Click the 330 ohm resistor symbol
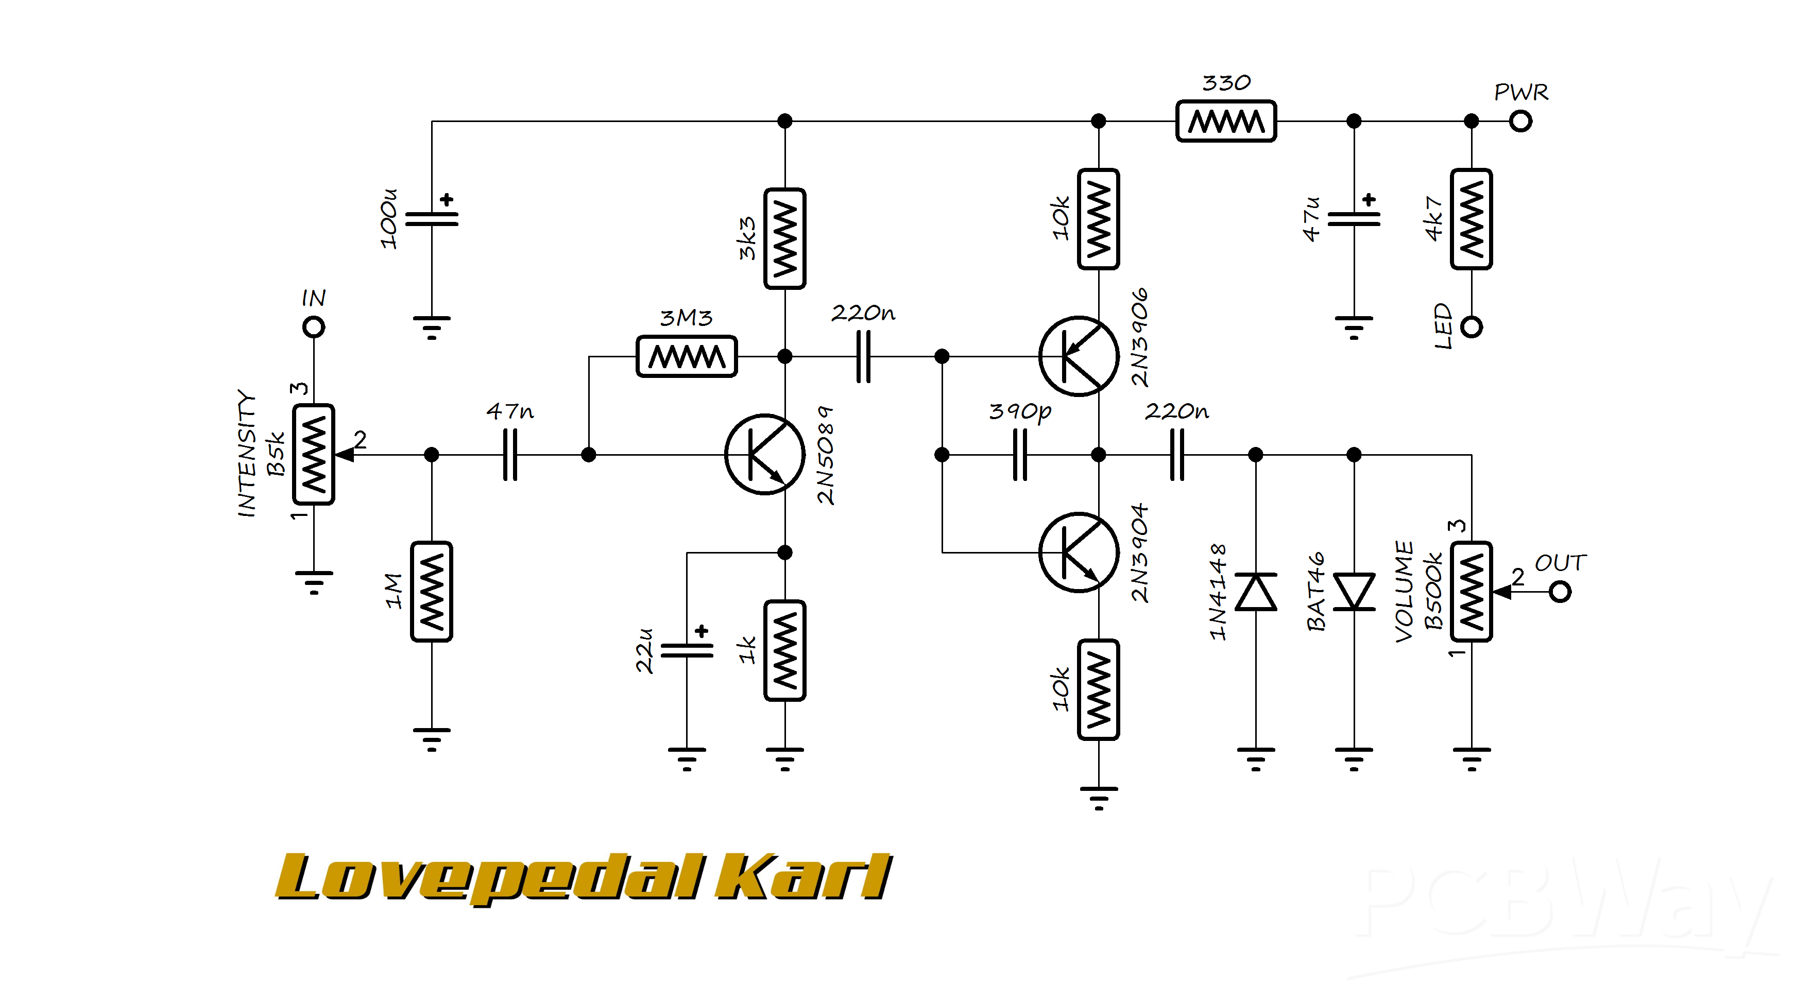click(x=1225, y=121)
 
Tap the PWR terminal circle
click(x=1521, y=121)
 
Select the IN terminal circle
click(x=314, y=327)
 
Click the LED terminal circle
click(x=1472, y=327)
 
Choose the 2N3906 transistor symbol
click(x=1079, y=356)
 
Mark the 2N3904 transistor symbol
click(x=1079, y=552)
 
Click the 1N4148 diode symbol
click(x=1256, y=591)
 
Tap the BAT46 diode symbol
click(x=1354, y=591)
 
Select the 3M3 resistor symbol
click(x=687, y=356)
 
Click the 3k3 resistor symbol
click(x=785, y=238)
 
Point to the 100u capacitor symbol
click(x=432, y=219)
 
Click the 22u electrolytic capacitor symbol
click(x=687, y=650)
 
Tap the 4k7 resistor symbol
click(x=1472, y=219)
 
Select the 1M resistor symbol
click(x=432, y=591)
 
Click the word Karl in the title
click(x=804, y=877)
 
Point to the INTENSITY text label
click(x=246, y=454)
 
